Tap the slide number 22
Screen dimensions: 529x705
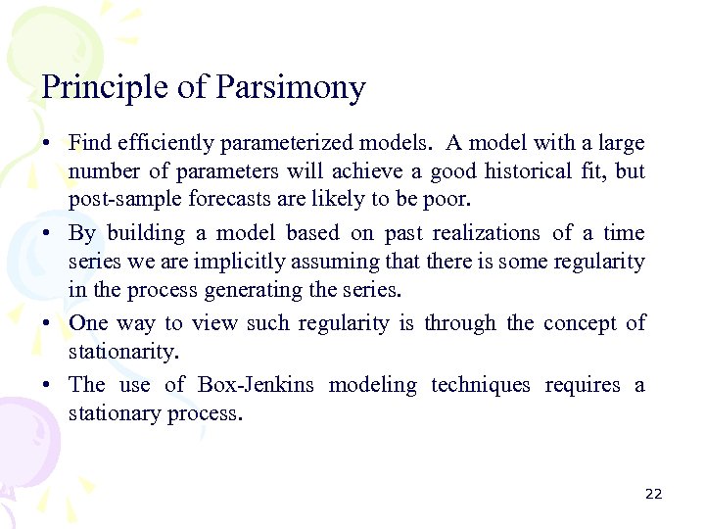point(653,494)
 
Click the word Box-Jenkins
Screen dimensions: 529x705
point(256,385)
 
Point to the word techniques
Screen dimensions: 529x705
point(481,385)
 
